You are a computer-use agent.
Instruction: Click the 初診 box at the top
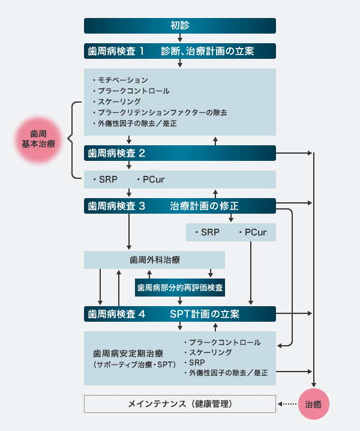tap(180, 26)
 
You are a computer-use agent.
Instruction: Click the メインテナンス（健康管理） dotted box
tap(180, 404)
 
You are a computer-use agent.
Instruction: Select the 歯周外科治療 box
tap(154, 260)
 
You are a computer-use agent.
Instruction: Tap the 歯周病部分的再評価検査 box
tap(180, 288)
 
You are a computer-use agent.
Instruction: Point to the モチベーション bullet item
tap(123, 80)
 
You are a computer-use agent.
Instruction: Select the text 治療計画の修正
tap(204, 206)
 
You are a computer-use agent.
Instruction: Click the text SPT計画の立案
tap(204, 314)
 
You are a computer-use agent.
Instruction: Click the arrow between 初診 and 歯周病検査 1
tap(180, 38)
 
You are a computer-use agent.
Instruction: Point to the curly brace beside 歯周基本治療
tap(74, 139)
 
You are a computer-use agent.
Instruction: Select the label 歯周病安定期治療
tap(127, 353)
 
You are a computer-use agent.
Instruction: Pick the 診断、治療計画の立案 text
tap(207, 51)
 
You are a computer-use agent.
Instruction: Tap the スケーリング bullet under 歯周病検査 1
tap(119, 101)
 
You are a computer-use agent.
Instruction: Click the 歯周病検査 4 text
tap(117, 314)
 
